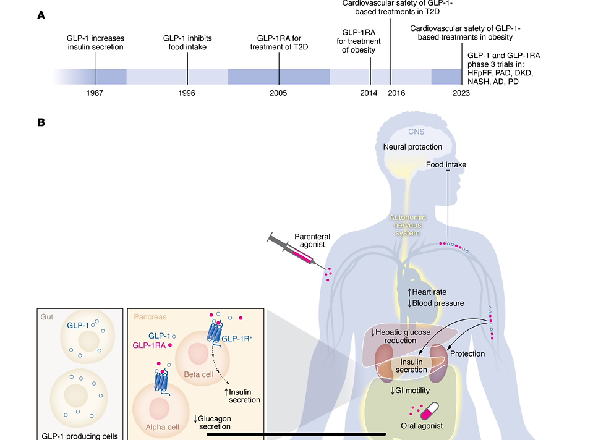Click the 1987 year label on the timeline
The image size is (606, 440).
(95, 93)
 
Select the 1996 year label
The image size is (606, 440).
(187, 93)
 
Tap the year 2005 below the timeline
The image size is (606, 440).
(278, 93)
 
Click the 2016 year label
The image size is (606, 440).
(396, 93)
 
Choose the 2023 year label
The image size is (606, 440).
(461, 93)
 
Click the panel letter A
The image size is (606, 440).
(41, 15)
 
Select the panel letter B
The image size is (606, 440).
(41, 122)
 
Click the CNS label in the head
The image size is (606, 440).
(416, 132)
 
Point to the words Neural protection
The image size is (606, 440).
(412, 147)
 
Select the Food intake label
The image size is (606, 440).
(446, 165)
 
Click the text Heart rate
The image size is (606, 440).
(429, 292)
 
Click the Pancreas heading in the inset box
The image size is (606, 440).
(150, 317)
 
